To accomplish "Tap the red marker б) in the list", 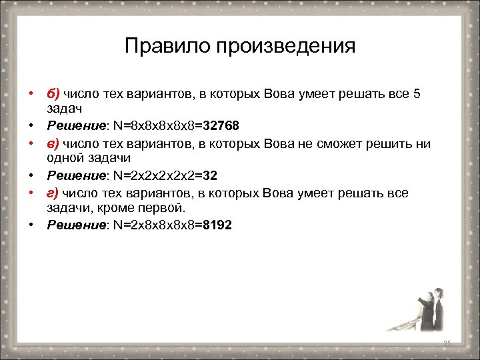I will point(53,94).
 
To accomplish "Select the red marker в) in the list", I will point(53,143).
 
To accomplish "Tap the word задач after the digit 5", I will point(64,109).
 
